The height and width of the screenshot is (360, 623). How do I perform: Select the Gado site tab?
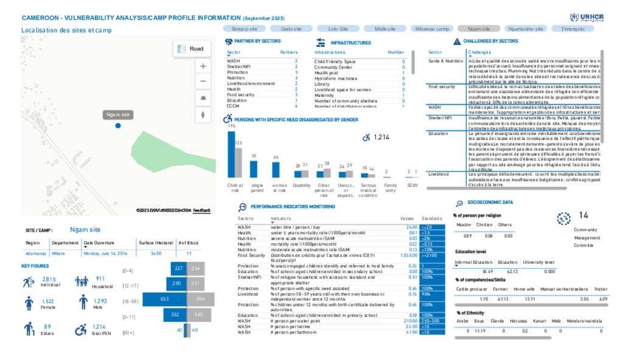[x=292, y=29]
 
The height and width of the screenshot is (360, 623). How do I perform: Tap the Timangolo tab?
[x=573, y=29]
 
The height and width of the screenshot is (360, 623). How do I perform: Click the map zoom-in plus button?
[x=203, y=66]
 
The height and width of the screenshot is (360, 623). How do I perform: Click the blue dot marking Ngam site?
[x=118, y=125]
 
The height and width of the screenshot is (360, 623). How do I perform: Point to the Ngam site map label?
[x=117, y=114]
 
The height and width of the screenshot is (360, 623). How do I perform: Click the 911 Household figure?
[x=100, y=279]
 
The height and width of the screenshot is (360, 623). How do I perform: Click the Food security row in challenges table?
[x=442, y=87]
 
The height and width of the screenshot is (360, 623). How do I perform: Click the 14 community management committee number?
[x=583, y=215]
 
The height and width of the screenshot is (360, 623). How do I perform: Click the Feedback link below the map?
[x=202, y=210]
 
